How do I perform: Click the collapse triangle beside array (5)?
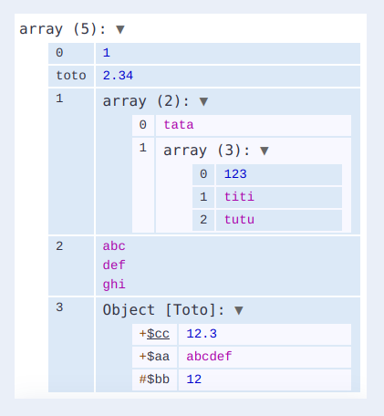pos(120,29)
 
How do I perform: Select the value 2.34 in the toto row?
pos(118,76)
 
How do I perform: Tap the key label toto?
pos(71,76)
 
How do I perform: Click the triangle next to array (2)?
pos(203,101)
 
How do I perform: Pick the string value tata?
pos(179,125)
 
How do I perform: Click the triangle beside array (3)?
pos(265,151)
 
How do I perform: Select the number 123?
pos(235,174)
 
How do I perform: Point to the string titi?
pos(239,197)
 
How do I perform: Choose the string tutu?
pos(239,220)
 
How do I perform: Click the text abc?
pos(114,246)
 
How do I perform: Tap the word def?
pos(114,265)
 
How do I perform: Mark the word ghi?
pos(114,285)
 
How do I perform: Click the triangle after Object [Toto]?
pos(239,310)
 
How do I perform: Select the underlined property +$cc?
pos(154,334)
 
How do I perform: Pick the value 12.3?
pos(202,334)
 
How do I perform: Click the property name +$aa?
pos(154,357)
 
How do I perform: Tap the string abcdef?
pos(209,357)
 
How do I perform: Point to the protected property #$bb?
pos(154,380)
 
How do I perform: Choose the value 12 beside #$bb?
pos(194,380)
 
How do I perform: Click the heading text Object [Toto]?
pos(163,310)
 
